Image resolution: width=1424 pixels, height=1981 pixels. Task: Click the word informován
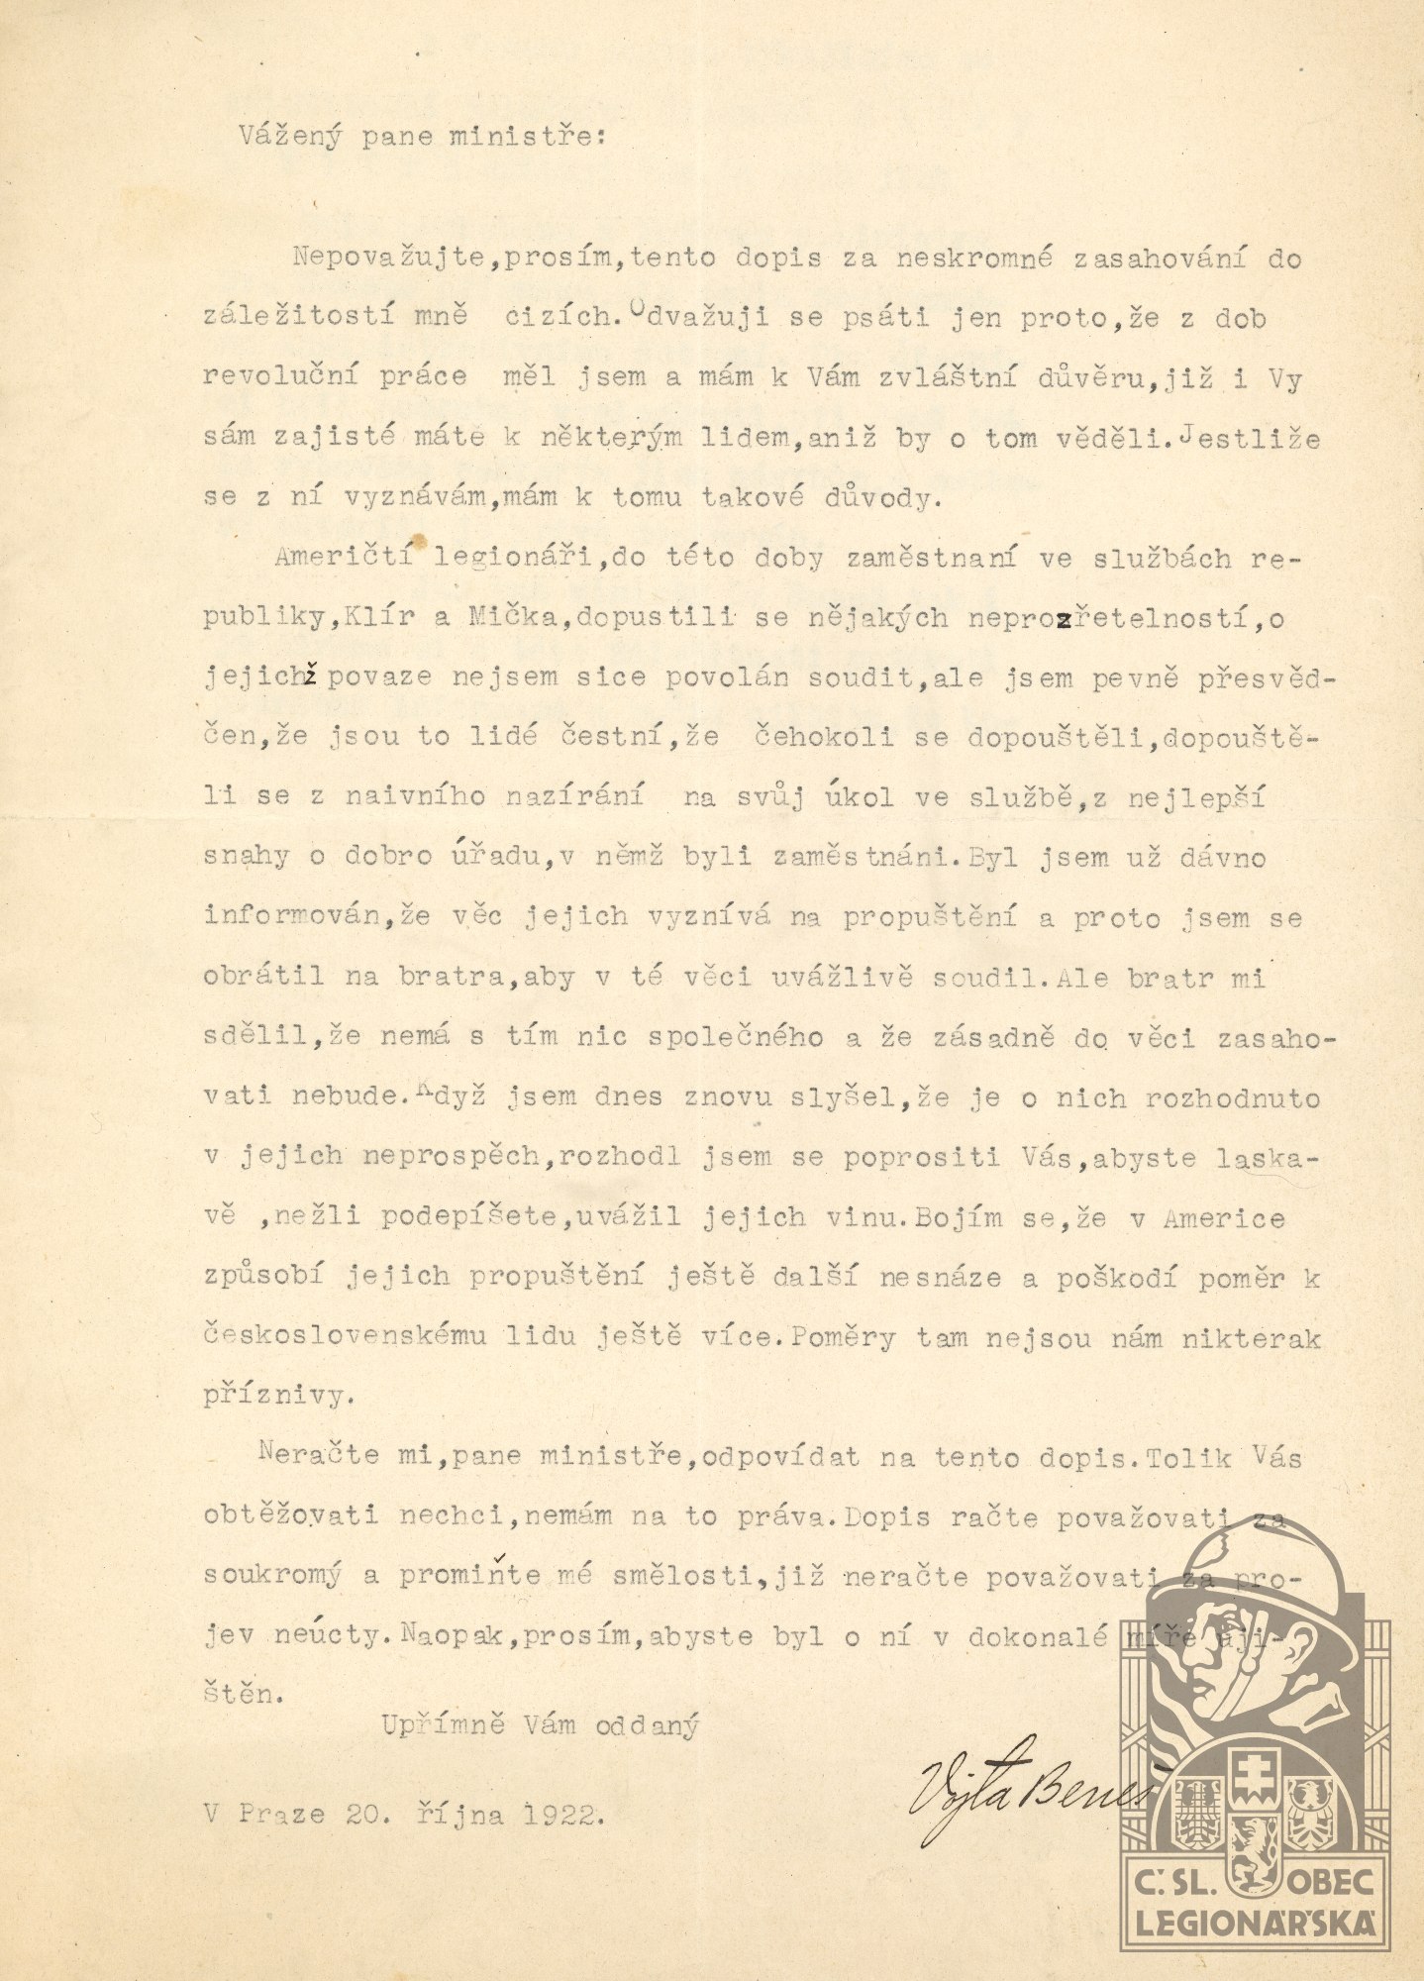tap(293, 917)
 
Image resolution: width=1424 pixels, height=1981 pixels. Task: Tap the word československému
tap(346, 1337)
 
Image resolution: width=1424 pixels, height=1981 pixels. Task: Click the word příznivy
tap(276, 1397)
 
